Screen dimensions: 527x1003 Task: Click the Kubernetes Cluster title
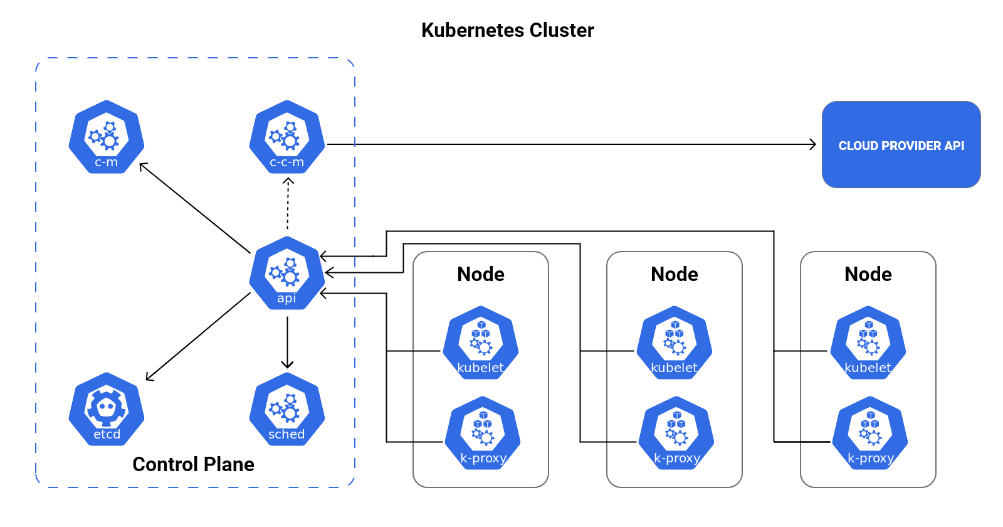[507, 30]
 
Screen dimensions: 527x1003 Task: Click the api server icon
[287, 273]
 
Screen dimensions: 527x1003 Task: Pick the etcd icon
[107, 409]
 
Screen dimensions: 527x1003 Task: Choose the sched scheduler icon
[287, 409]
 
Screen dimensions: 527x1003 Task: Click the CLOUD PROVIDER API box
[901, 145]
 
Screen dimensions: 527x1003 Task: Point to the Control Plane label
[193, 464]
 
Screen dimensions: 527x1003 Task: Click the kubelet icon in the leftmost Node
[481, 343]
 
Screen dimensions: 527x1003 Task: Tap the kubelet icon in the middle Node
[675, 343]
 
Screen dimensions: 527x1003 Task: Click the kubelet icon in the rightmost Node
[868, 343]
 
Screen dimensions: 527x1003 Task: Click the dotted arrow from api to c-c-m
[288, 204]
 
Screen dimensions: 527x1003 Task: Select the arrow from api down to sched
[287, 342]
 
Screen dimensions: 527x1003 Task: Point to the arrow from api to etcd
[197, 337]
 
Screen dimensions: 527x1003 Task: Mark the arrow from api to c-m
[194, 208]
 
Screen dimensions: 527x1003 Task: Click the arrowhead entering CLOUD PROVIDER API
[812, 144]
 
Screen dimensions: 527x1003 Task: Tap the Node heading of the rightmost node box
[868, 274]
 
